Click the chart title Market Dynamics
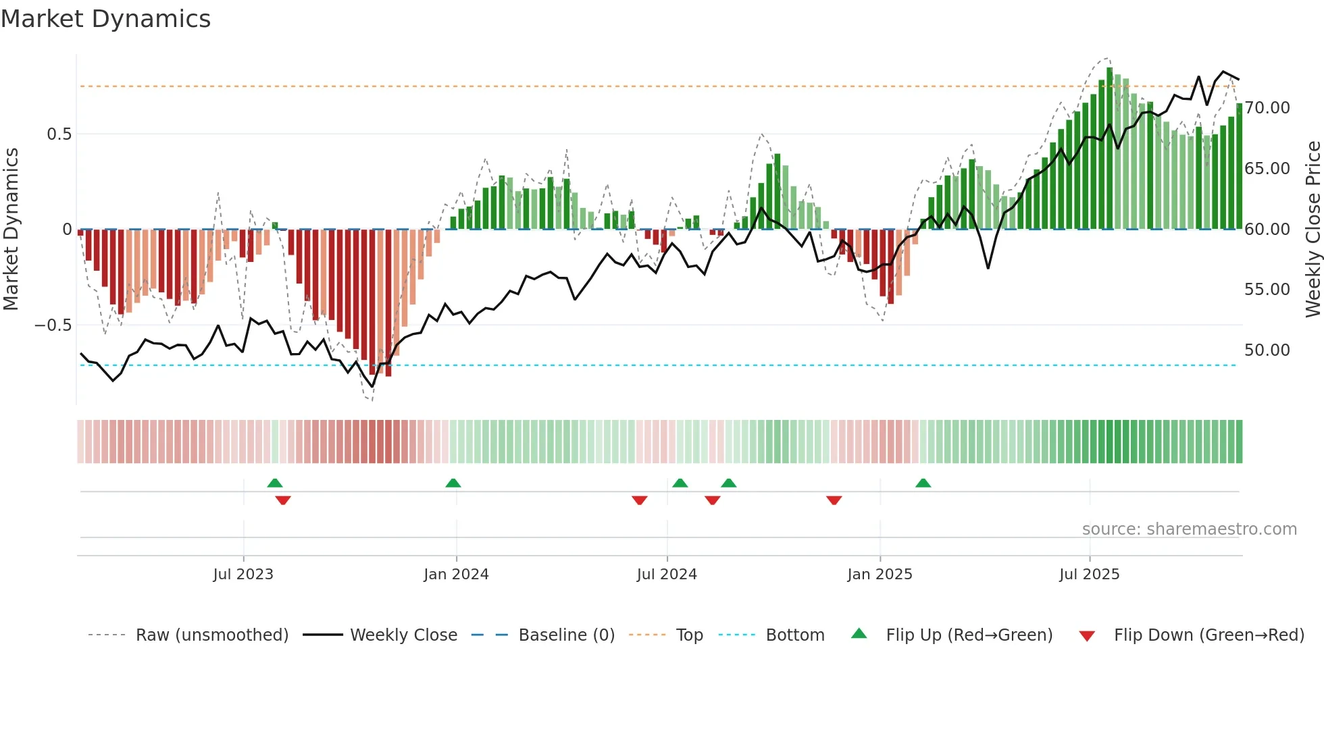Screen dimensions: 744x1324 105,19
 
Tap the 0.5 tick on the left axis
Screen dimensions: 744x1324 59,134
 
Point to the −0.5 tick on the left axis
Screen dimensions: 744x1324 53,325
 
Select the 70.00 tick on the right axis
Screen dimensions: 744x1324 1267,108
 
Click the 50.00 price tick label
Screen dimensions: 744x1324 1267,350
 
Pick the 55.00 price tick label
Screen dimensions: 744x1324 1267,290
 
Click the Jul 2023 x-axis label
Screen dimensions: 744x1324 243,575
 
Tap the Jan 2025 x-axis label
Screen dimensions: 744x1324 880,575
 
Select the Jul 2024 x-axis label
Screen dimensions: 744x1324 667,575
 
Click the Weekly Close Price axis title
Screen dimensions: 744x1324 1313,230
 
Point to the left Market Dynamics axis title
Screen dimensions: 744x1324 11,230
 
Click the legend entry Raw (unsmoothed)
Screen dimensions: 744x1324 211,635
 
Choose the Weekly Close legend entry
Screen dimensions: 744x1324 403,635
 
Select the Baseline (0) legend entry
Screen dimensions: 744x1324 566,635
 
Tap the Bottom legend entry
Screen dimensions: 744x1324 794,635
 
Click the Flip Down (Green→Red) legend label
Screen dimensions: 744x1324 1208,635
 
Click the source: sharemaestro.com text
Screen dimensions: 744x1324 1189,529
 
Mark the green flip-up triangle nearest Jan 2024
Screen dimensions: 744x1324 453,483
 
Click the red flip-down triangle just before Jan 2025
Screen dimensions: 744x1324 834,500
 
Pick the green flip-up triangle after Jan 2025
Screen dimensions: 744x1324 923,483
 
